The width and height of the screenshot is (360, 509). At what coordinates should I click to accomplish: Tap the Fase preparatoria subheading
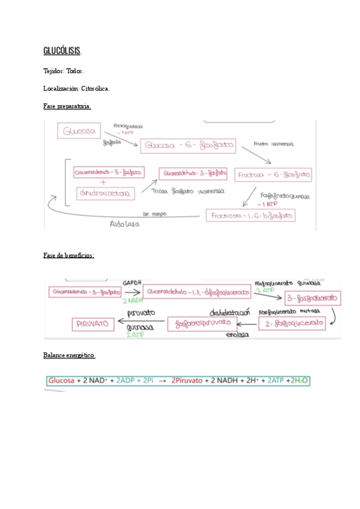point(67,106)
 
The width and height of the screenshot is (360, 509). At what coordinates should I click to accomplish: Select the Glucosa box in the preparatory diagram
point(79,131)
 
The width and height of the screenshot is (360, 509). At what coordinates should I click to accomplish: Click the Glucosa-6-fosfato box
point(188,145)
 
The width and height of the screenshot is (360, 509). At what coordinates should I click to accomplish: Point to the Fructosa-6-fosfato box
point(274,175)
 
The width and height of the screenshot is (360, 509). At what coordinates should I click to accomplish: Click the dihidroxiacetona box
point(106,193)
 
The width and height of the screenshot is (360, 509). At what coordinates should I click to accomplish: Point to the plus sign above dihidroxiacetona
point(103,182)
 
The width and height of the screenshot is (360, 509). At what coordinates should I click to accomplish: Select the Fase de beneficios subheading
point(68,255)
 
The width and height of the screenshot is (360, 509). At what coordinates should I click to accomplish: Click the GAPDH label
point(131,282)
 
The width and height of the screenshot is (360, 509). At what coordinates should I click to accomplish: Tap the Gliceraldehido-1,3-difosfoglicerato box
point(197,292)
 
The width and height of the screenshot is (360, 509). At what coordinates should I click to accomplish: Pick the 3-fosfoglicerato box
point(312,298)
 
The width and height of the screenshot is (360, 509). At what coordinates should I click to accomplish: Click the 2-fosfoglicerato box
point(292,324)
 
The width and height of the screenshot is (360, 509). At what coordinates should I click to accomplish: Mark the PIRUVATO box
point(93,324)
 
